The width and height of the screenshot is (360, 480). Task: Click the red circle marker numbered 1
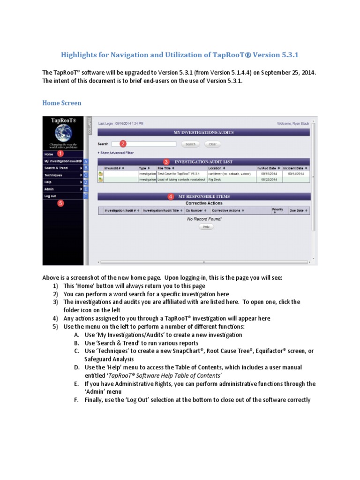pyautogui.click(x=60, y=153)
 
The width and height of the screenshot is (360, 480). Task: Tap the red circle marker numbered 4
pyautogui.click(x=171, y=196)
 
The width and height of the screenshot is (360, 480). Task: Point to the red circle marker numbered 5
pyautogui.click(x=60, y=203)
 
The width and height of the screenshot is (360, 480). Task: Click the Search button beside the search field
pyautogui.click(x=190, y=144)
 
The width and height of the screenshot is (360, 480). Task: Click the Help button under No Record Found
pyautogui.click(x=206, y=226)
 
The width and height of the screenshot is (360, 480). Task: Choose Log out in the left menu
pyautogui.click(x=50, y=196)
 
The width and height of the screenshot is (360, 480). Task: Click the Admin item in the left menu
pyautogui.click(x=49, y=189)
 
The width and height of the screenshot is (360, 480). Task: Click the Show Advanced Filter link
pyautogui.click(x=115, y=153)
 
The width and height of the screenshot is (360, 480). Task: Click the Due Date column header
pyautogui.click(x=298, y=211)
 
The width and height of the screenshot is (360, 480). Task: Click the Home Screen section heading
pyautogui.click(x=61, y=103)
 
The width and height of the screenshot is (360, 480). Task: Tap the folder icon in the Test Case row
pyautogui.click(x=100, y=173)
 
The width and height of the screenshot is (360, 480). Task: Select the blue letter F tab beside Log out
pyautogui.click(x=86, y=196)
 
